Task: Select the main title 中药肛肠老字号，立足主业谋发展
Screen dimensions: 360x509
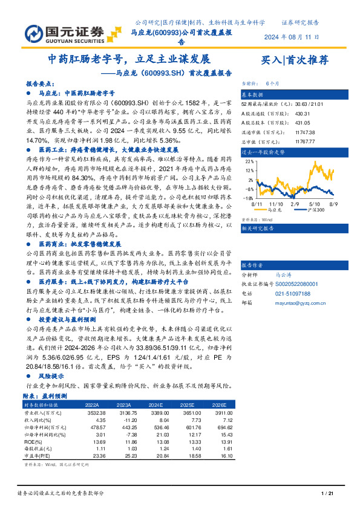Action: tap(129, 60)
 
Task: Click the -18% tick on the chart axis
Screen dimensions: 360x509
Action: tap(249, 198)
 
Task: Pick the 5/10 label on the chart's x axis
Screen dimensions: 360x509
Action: tap(314, 204)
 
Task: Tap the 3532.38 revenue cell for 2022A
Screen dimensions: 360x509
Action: tap(97, 412)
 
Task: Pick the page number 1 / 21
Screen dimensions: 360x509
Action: tap(327, 494)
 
